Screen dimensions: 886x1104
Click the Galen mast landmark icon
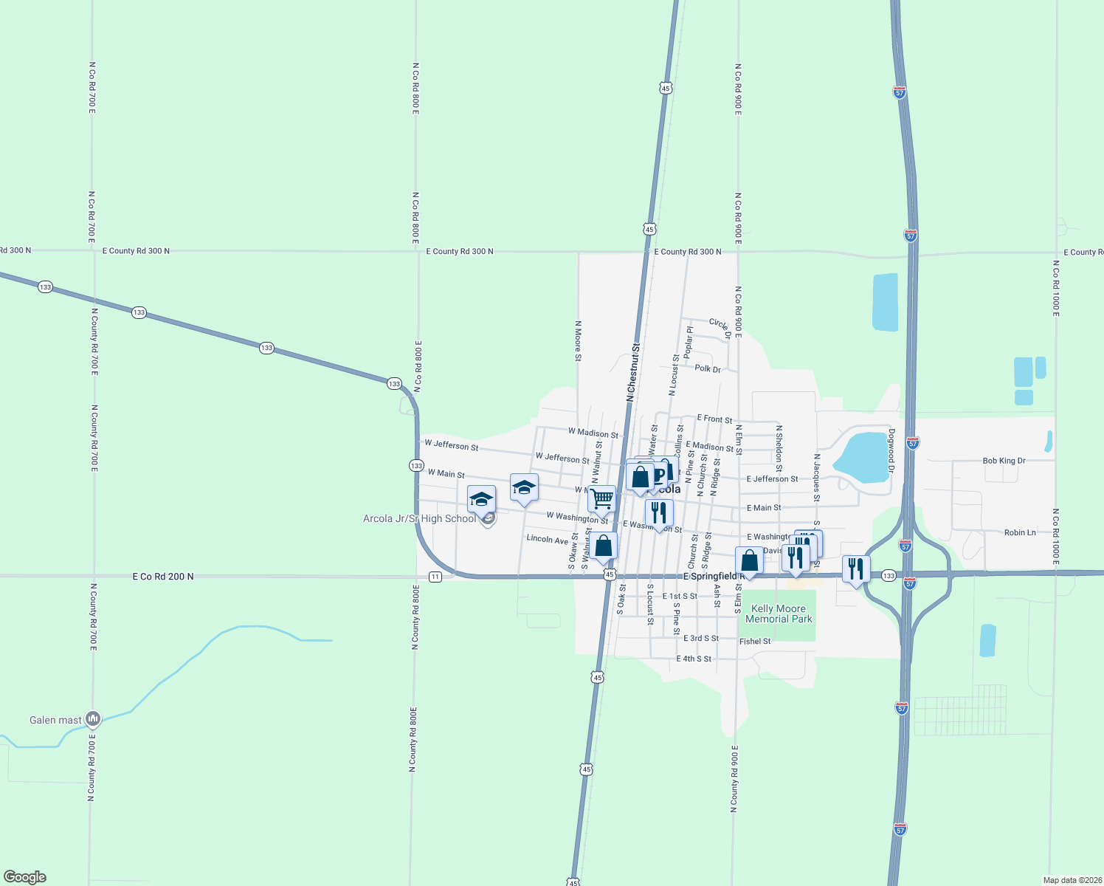92,718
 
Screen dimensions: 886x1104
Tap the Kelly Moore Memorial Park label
779,614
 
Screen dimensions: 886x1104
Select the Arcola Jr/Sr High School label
419,519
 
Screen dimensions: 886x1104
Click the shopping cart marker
602,499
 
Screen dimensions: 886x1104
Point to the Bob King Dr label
1004,461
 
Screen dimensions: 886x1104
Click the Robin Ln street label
1020,532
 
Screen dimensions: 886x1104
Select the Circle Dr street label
720,324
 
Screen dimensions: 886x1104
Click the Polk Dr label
708,368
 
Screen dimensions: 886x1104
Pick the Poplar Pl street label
689,342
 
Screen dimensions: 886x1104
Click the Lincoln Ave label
547,540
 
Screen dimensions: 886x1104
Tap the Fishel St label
755,642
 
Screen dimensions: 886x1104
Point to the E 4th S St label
694,659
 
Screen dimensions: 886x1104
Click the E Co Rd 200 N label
163,577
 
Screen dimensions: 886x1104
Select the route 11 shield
435,577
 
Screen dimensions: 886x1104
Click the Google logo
24,877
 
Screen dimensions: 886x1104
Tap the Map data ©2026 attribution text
1071,880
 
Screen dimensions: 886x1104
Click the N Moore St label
578,341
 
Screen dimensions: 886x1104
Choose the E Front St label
714,419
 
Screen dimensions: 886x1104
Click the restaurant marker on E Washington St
659,512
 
